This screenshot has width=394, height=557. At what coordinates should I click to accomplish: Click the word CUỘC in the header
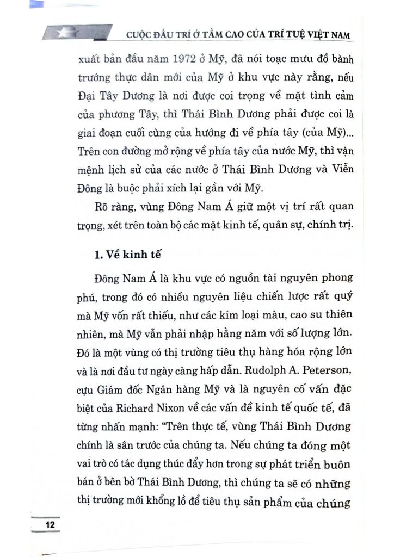pos(138,36)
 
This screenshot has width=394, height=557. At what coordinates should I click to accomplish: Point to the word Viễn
pos(341,170)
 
